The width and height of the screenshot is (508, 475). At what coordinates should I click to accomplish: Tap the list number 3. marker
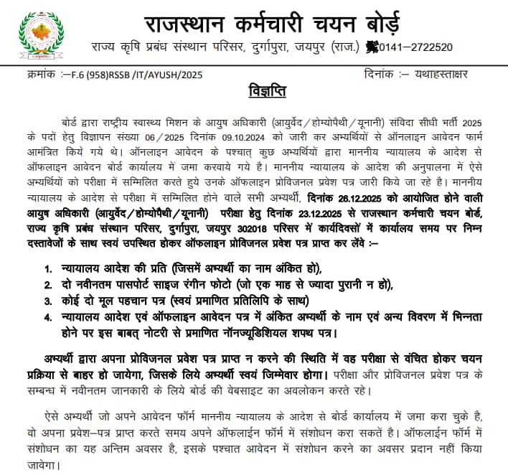(x=48, y=301)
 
